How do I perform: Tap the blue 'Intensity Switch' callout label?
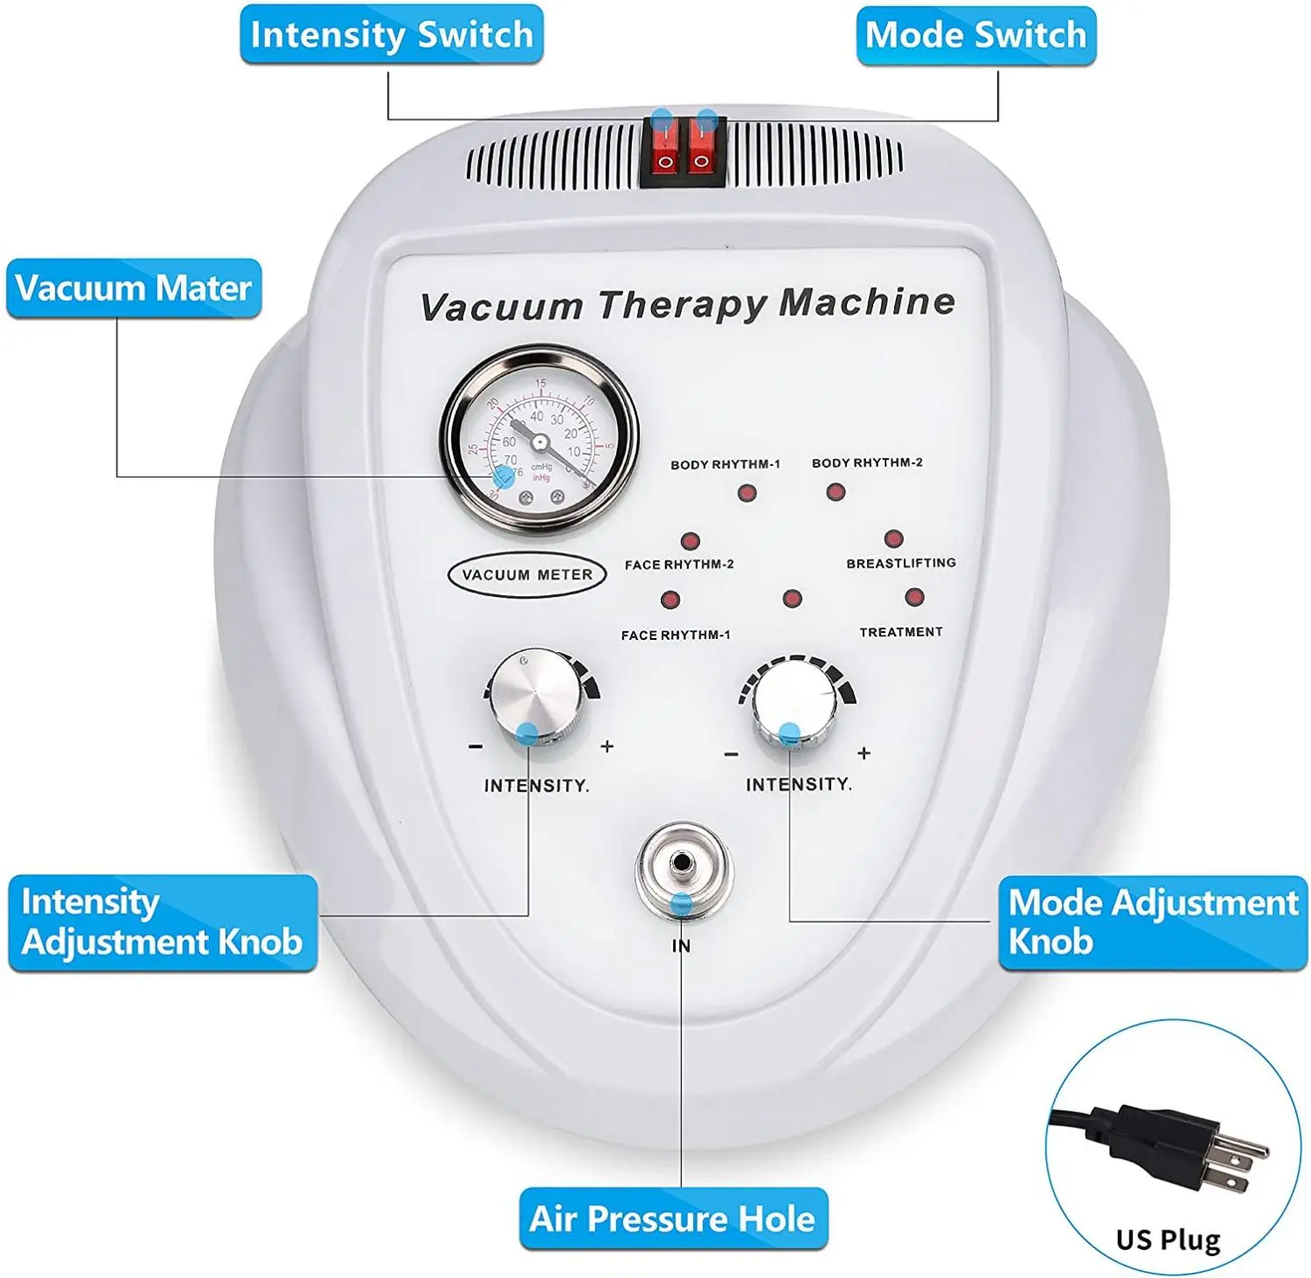pos(391,35)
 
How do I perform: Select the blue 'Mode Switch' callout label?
pos(976,35)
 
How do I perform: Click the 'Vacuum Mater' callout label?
pos(133,288)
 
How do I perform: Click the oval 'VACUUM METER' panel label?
pos(527,575)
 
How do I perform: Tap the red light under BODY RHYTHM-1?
pos(747,493)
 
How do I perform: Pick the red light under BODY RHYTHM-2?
pos(835,492)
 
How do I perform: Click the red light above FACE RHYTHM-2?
pos(691,541)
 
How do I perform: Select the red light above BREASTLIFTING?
pos(893,539)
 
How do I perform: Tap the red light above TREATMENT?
pos(914,598)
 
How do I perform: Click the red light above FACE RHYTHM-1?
pos(670,600)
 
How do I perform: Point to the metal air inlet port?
pos(683,866)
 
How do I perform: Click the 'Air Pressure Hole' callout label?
pos(673,1218)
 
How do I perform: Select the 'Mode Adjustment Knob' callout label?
pos(1152,923)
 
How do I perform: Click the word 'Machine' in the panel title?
pos(866,303)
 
